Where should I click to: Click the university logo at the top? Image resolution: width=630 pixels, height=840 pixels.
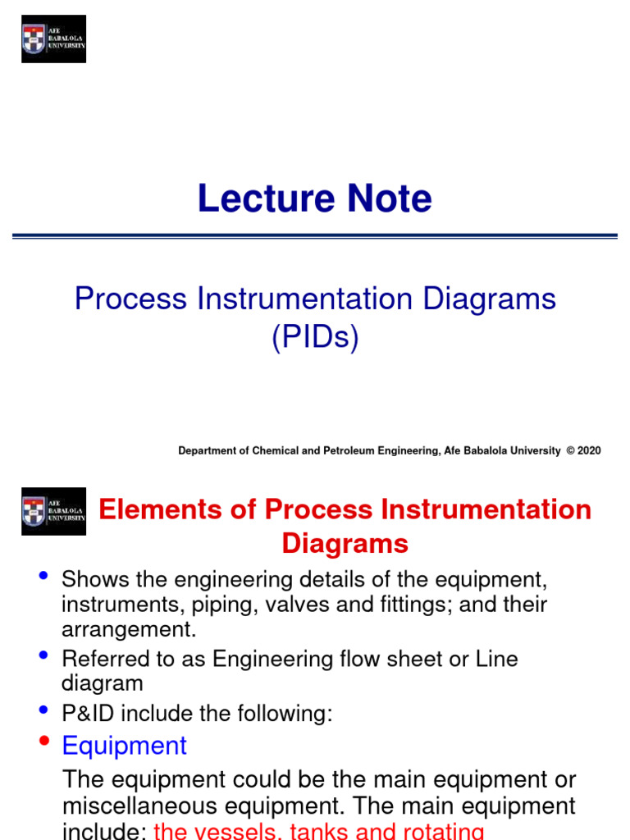click(53, 39)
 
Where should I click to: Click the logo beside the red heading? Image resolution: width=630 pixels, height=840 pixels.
click(53, 511)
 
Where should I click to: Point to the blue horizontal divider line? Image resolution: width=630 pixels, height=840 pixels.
click(315, 236)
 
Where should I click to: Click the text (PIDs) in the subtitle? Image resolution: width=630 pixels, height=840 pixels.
click(315, 337)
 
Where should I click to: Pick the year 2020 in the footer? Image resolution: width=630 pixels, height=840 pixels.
click(589, 450)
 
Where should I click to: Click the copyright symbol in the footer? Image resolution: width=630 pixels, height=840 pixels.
click(569, 450)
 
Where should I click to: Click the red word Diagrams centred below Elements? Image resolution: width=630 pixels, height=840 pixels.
click(345, 543)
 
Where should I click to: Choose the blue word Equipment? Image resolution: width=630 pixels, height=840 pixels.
click(125, 746)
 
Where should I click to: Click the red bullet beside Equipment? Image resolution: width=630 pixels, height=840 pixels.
click(43, 743)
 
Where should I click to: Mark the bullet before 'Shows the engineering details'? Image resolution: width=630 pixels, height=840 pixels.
click(43, 577)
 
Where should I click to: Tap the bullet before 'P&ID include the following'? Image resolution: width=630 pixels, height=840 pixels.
click(43, 710)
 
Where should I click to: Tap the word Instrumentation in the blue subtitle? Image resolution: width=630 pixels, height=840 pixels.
click(305, 299)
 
